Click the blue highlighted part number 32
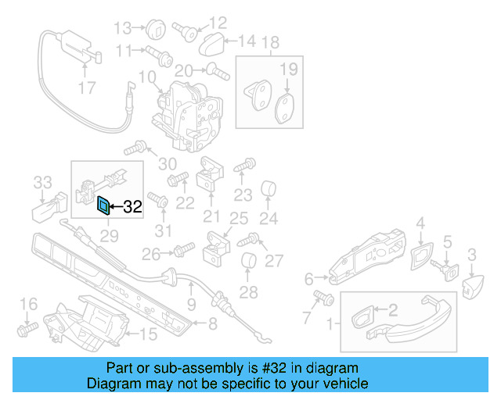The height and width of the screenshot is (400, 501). point(103,205)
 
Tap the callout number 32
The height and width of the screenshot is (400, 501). point(132,207)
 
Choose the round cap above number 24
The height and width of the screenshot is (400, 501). point(269,189)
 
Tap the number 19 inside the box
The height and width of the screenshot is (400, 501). point(289,70)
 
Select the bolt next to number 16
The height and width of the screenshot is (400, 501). point(26,330)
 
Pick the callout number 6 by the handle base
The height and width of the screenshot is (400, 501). point(308,278)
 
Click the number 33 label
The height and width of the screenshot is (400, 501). point(42,183)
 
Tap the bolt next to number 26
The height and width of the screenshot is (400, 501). point(183,250)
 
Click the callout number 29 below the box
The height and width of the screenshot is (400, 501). point(108,234)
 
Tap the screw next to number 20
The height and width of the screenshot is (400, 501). point(216,72)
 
